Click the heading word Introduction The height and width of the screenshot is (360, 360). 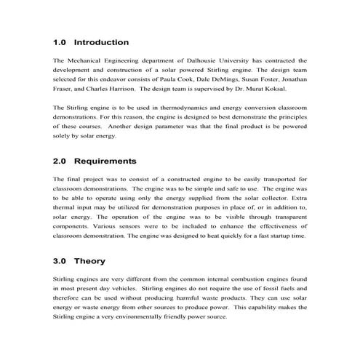pyautogui.click(x=101, y=42)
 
